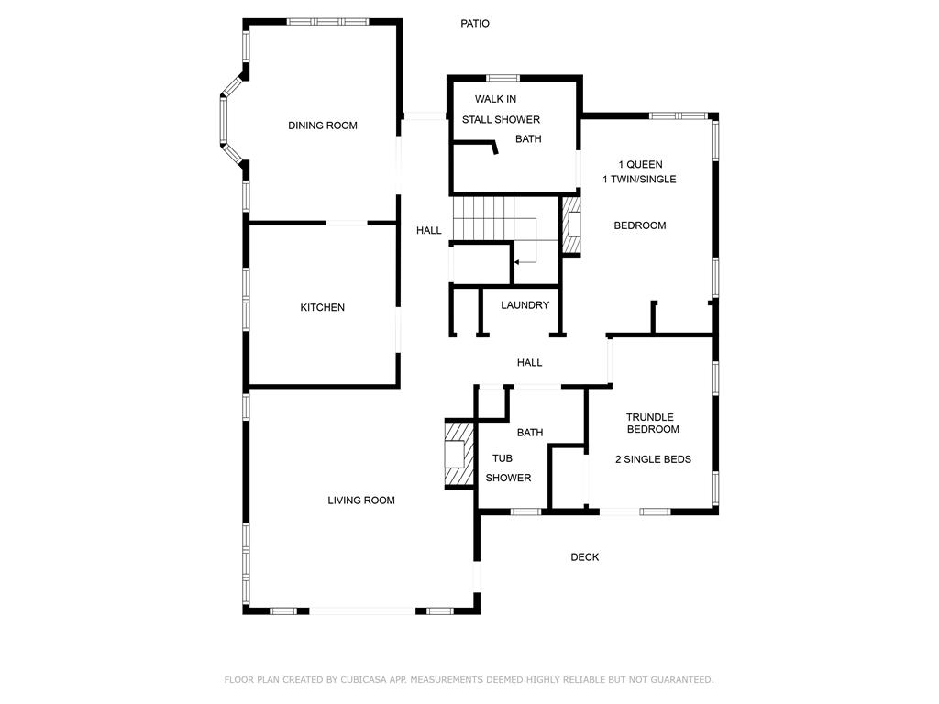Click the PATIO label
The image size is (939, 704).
click(x=475, y=23)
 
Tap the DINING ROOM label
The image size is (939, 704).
click(x=323, y=126)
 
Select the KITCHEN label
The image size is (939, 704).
click(x=322, y=307)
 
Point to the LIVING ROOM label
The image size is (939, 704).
click(x=361, y=500)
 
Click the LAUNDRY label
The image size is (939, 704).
click(x=525, y=304)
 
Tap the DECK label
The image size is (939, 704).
click(x=584, y=556)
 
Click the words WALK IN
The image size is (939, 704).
click(x=495, y=99)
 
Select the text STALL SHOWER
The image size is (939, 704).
click(x=501, y=119)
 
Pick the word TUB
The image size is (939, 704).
click(x=503, y=458)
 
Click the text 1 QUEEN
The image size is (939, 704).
click(x=641, y=164)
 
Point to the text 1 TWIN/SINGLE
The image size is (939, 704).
click(x=639, y=179)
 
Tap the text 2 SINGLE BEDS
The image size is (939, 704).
click(x=653, y=459)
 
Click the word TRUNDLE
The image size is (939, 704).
click(x=650, y=417)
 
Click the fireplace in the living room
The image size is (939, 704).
click(x=458, y=454)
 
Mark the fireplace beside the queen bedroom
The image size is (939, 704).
click(x=570, y=225)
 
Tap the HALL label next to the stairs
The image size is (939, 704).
click(x=429, y=230)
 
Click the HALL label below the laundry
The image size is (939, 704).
click(x=529, y=362)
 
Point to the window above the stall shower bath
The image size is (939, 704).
click(x=503, y=78)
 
